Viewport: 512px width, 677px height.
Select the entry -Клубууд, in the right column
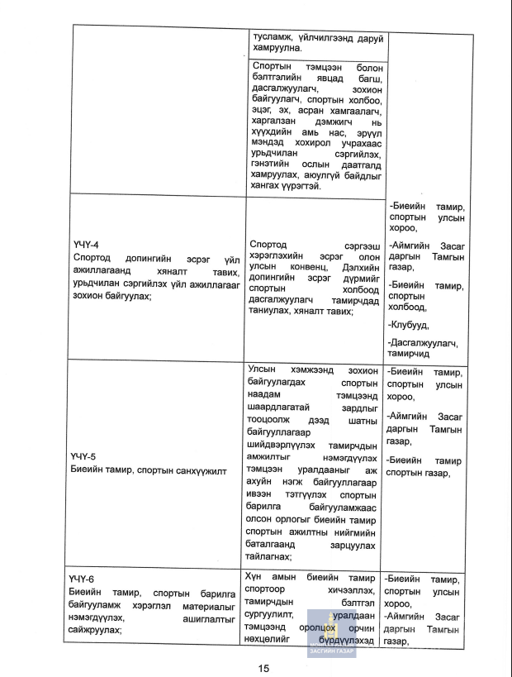408,324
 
